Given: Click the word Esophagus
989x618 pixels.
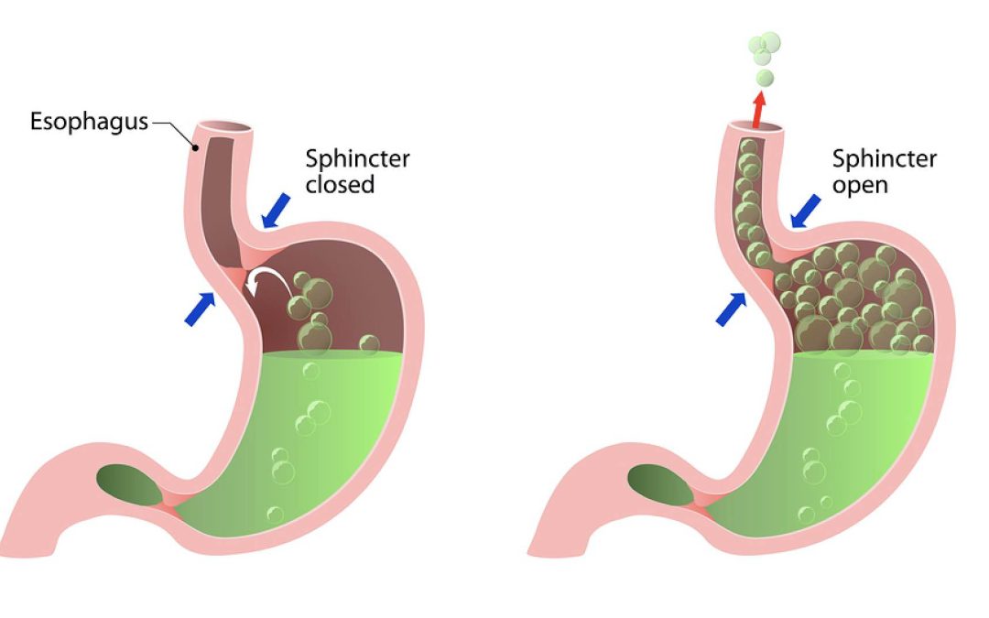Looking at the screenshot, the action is (89, 122).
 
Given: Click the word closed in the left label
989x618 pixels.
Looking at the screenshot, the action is (340, 185).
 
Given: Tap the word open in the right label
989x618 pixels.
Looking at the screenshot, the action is (860, 186).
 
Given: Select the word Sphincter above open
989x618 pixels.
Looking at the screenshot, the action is (885, 159).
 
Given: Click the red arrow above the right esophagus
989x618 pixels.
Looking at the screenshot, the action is (758, 111).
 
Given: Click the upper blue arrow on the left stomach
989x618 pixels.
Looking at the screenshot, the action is (276, 211).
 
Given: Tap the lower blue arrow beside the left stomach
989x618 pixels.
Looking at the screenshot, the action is (200, 309).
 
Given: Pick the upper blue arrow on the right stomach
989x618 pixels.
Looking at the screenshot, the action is (806, 211).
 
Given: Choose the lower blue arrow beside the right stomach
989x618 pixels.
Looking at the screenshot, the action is (731, 309).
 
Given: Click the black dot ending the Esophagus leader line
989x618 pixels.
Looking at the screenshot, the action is (196, 148).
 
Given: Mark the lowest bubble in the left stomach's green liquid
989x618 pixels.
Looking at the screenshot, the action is (275, 515).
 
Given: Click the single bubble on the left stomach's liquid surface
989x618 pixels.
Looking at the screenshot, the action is (369, 344).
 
